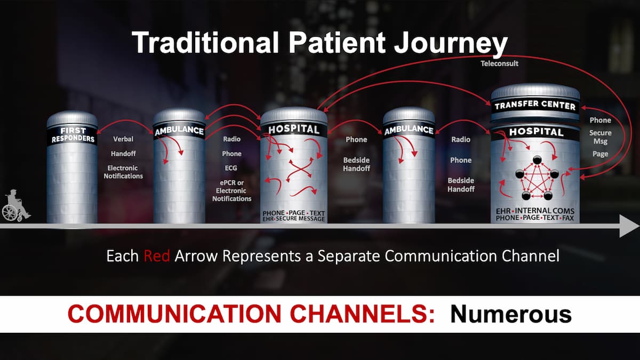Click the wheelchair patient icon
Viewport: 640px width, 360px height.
15,205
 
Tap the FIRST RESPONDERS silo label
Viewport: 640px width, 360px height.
73,135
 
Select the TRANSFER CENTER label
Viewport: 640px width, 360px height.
535,106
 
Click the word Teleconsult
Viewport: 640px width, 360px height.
499,63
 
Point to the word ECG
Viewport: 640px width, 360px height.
231,168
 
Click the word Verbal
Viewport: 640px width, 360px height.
123,139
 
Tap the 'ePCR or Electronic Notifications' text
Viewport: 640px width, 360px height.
231,190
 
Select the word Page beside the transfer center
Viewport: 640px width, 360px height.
600,154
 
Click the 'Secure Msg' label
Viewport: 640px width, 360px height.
601,137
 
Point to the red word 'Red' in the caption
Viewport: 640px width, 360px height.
157,255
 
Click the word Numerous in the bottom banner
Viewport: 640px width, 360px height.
511,314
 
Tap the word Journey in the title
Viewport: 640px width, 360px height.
451,43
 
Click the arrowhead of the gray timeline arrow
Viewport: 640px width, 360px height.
629,226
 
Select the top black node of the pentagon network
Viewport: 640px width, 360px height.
537,159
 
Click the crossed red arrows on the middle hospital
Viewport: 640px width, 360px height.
300,170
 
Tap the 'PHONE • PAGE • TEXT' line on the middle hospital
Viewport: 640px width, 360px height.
294,213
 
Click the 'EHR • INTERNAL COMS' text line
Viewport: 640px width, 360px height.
535,211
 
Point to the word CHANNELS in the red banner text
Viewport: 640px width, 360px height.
362,314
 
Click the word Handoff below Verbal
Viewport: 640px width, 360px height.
123,154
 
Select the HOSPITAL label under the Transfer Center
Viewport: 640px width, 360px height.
536,132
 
